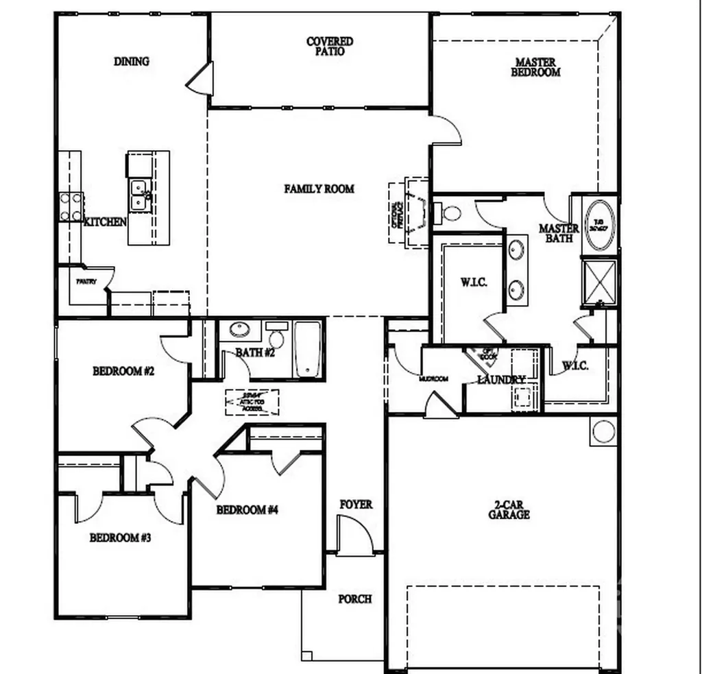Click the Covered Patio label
(x=330, y=46)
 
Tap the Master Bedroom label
(x=535, y=67)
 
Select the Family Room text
(x=319, y=189)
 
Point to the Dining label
(x=132, y=61)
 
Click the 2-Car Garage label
(x=509, y=509)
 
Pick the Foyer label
(x=356, y=505)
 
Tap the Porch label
(x=355, y=599)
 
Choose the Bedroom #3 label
(x=120, y=538)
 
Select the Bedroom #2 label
(x=123, y=372)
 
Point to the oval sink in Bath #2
(x=239, y=330)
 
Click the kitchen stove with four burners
(x=70, y=207)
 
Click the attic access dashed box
(x=252, y=402)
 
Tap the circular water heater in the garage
(x=603, y=432)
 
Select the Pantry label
(x=86, y=282)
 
